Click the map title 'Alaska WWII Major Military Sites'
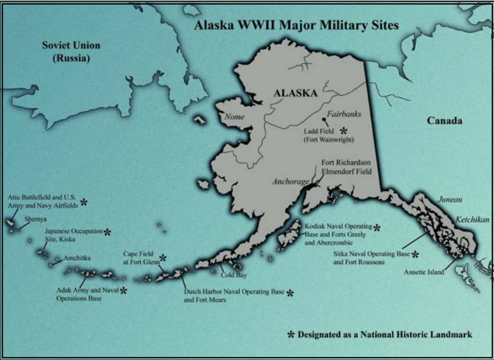point(296,26)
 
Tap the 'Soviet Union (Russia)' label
point(71,51)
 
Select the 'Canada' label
point(444,121)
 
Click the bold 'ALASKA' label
point(295,93)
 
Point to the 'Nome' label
point(234,117)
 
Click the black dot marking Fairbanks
point(324,120)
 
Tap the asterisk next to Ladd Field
point(344,131)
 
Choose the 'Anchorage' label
point(290,182)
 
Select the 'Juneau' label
point(450,200)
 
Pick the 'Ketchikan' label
point(472,220)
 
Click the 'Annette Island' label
point(424,272)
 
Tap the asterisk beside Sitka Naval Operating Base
point(415,254)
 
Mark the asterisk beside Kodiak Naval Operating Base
point(376,228)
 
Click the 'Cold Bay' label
point(234,275)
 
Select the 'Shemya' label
point(35,219)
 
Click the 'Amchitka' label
point(77,258)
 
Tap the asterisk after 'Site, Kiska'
point(107,232)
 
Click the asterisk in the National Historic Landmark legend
point(291,334)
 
